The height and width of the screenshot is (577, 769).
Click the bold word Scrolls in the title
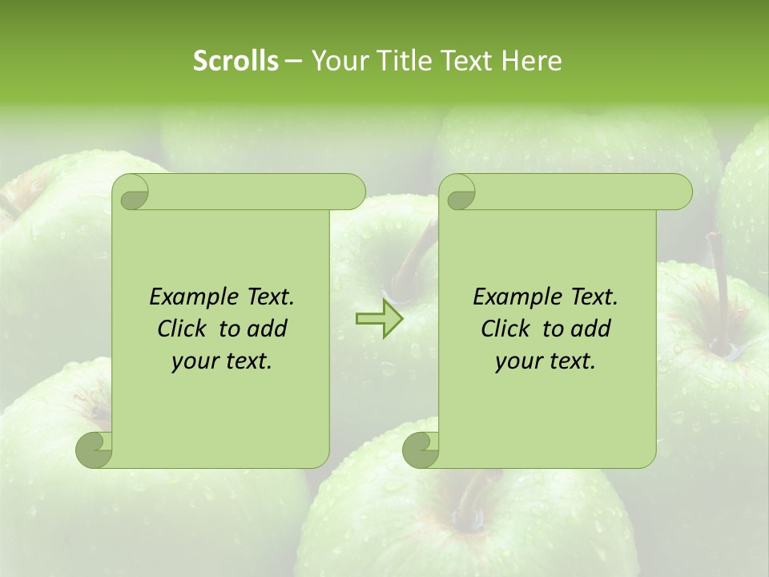(236, 61)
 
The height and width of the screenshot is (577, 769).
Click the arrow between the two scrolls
(380, 318)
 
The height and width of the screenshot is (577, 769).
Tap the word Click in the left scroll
(183, 329)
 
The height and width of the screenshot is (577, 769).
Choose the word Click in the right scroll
(506, 329)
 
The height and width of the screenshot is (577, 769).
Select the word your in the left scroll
(194, 361)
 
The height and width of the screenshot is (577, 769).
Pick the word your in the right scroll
(517, 361)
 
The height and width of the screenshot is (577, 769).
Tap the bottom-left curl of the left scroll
(95, 450)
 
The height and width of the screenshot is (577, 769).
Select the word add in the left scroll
(267, 329)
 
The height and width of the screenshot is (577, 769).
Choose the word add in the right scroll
(590, 329)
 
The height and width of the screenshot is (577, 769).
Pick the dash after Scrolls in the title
(293, 61)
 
